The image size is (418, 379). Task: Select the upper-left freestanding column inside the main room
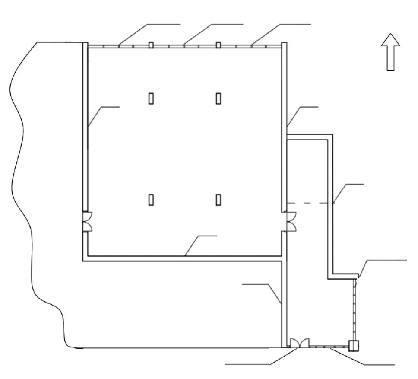pos(151,98)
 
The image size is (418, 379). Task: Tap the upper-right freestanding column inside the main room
pos(218,98)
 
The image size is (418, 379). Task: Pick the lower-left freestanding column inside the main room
pos(151,199)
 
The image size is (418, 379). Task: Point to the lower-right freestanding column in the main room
pos(218,199)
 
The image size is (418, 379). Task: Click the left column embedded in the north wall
pos(151,45)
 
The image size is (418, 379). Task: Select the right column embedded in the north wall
pos(218,45)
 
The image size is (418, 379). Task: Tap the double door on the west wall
pos(87,221)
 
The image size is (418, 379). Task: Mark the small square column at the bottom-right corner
pos(354,345)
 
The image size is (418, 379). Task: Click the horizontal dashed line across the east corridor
pos(309,203)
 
